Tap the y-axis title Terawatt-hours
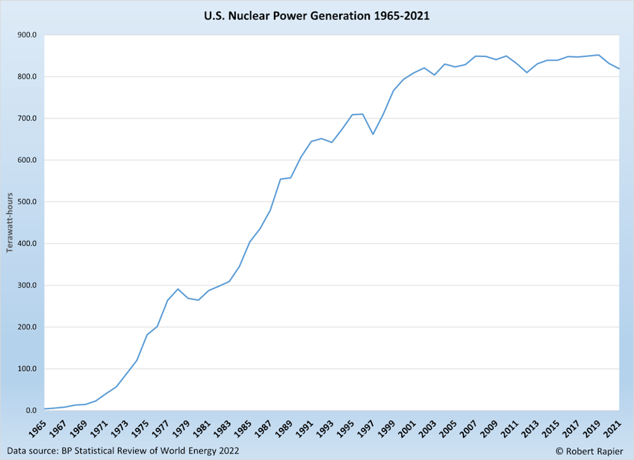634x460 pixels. pos(10,222)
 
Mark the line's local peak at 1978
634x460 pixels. pos(178,289)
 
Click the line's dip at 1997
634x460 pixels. pos(373,134)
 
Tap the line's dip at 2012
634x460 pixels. pos(527,73)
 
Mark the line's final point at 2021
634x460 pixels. pos(619,69)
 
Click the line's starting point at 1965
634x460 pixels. pos(44,409)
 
